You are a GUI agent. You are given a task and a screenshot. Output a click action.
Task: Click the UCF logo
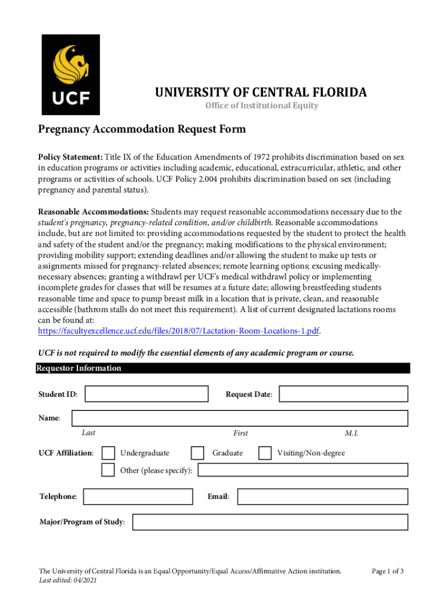point(70,74)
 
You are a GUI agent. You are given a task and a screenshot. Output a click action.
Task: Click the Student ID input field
point(146,394)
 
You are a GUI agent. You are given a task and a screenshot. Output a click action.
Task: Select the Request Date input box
point(343,394)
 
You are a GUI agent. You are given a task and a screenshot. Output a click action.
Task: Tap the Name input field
point(239,418)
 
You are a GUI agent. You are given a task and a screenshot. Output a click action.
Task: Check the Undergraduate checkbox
point(108,453)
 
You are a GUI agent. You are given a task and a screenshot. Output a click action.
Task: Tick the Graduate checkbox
point(198,453)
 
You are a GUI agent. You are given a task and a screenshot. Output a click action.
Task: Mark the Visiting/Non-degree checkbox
point(265,453)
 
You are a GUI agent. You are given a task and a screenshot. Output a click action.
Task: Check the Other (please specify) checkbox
point(108,470)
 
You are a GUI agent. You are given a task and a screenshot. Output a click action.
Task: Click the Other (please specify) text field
point(303,470)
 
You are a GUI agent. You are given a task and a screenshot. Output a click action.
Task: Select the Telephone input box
point(138,496)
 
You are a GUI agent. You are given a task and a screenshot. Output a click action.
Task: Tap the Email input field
point(322,496)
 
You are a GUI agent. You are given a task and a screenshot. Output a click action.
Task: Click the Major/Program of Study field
point(270,522)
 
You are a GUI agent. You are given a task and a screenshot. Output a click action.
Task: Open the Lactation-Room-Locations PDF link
point(179,331)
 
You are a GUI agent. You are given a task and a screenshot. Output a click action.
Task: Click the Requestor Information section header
point(80,368)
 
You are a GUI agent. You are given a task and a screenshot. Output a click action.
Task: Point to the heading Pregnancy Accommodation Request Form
point(142,129)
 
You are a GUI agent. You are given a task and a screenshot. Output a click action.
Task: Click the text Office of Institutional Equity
point(261,105)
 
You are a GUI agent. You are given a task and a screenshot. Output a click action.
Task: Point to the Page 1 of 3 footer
point(387,571)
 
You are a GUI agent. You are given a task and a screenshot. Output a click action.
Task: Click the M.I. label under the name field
point(351,433)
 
